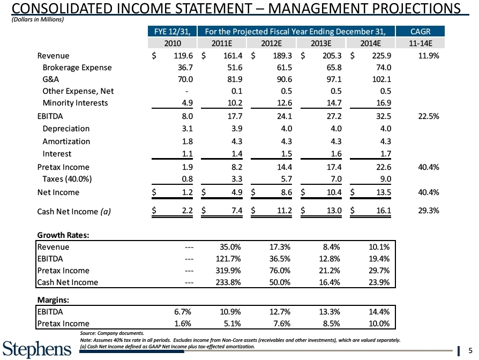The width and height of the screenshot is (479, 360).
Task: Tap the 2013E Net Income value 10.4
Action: [330, 192]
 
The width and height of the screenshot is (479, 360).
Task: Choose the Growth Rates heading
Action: [63, 235]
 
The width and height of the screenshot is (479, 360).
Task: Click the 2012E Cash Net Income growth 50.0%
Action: [278, 283]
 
